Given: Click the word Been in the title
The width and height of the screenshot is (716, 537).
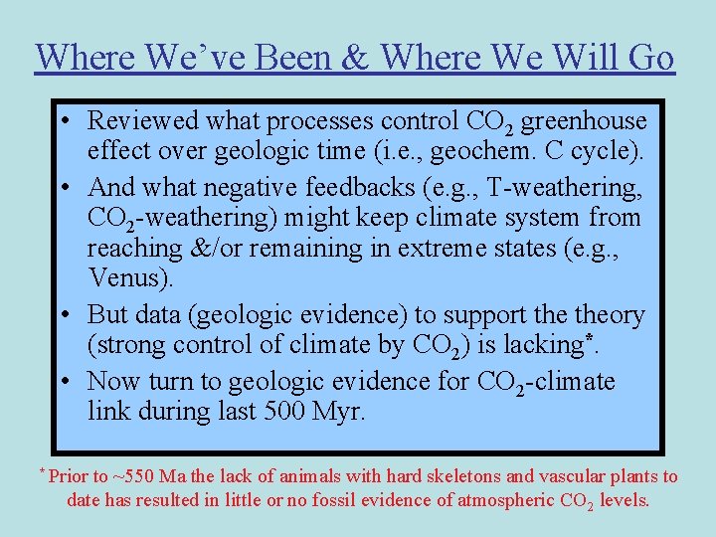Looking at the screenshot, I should [297, 58].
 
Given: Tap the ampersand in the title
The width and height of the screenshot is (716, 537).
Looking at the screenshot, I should [360, 58].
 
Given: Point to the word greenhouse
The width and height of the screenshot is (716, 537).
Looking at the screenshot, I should [584, 121].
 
